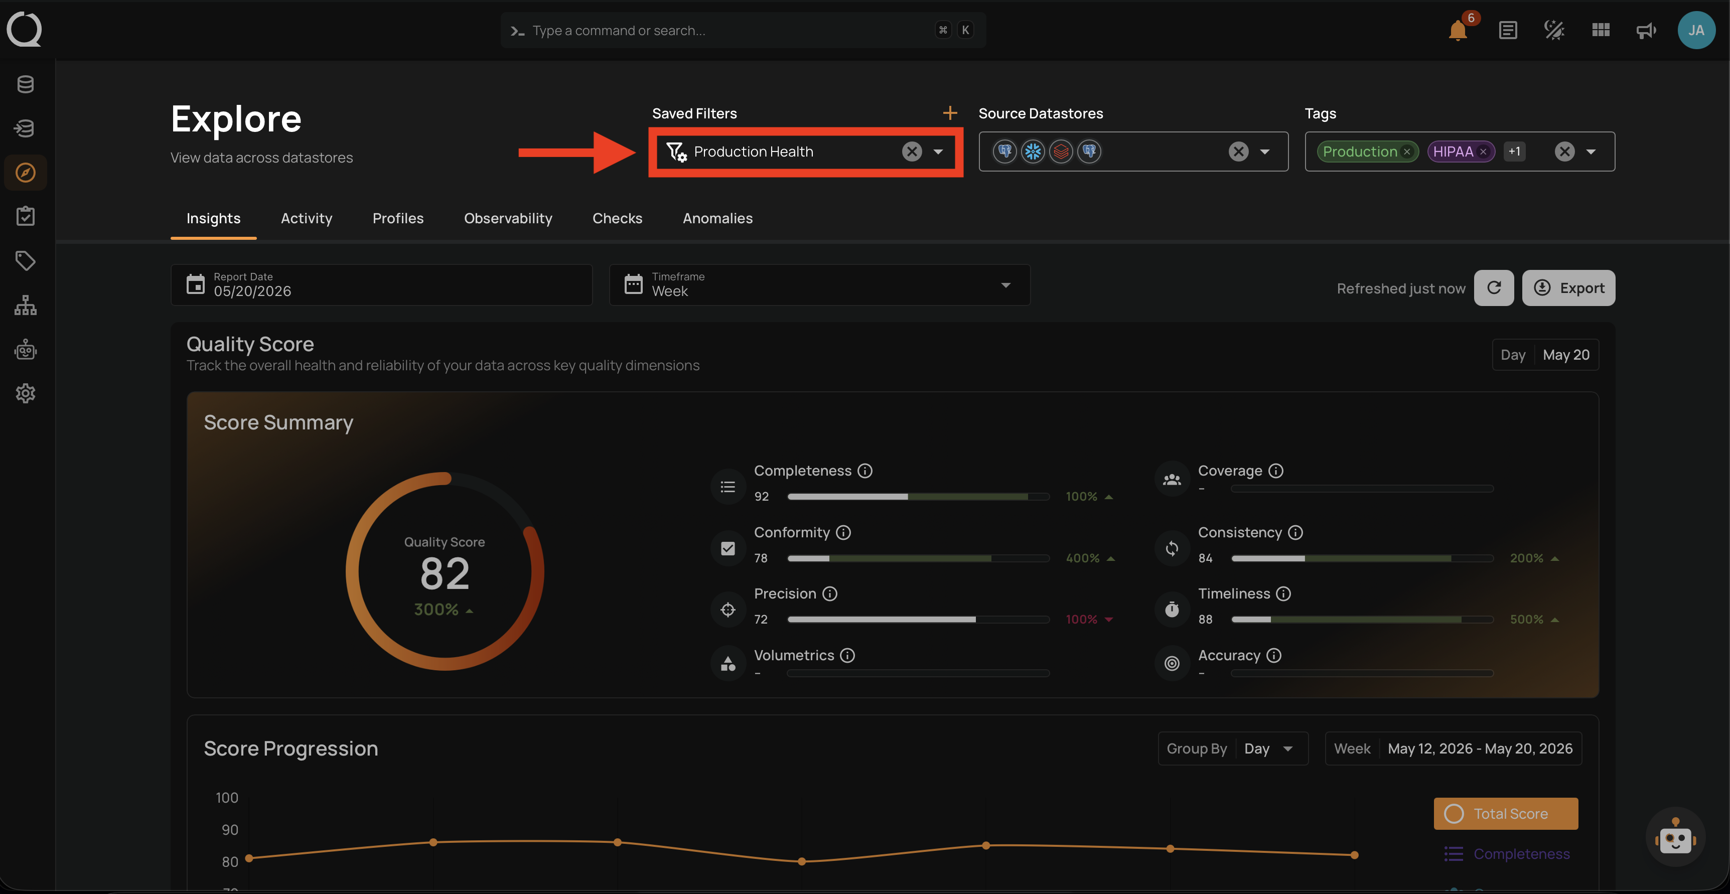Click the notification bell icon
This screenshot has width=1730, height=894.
click(x=1458, y=31)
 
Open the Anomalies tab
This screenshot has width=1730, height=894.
click(x=717, y=218)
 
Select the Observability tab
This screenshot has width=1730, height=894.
click(x=508, y=218)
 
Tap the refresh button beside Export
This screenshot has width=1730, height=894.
click(x=1494, y=288)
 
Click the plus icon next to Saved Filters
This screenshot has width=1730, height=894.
click(x=950, y=113)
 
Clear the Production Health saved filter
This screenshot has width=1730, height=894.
click(x=911, y=152)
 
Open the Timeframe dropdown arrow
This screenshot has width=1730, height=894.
click(x=1005, y=285)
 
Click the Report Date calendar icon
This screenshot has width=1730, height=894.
click(x=196, y=284)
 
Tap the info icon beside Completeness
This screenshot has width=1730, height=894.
click(x=865, y=471)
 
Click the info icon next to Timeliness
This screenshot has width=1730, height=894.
click(x=1283, y=594)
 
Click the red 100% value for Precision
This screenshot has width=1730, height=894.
click(x=1081, y=619)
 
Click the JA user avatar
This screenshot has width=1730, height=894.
click(x=1696, y=30)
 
